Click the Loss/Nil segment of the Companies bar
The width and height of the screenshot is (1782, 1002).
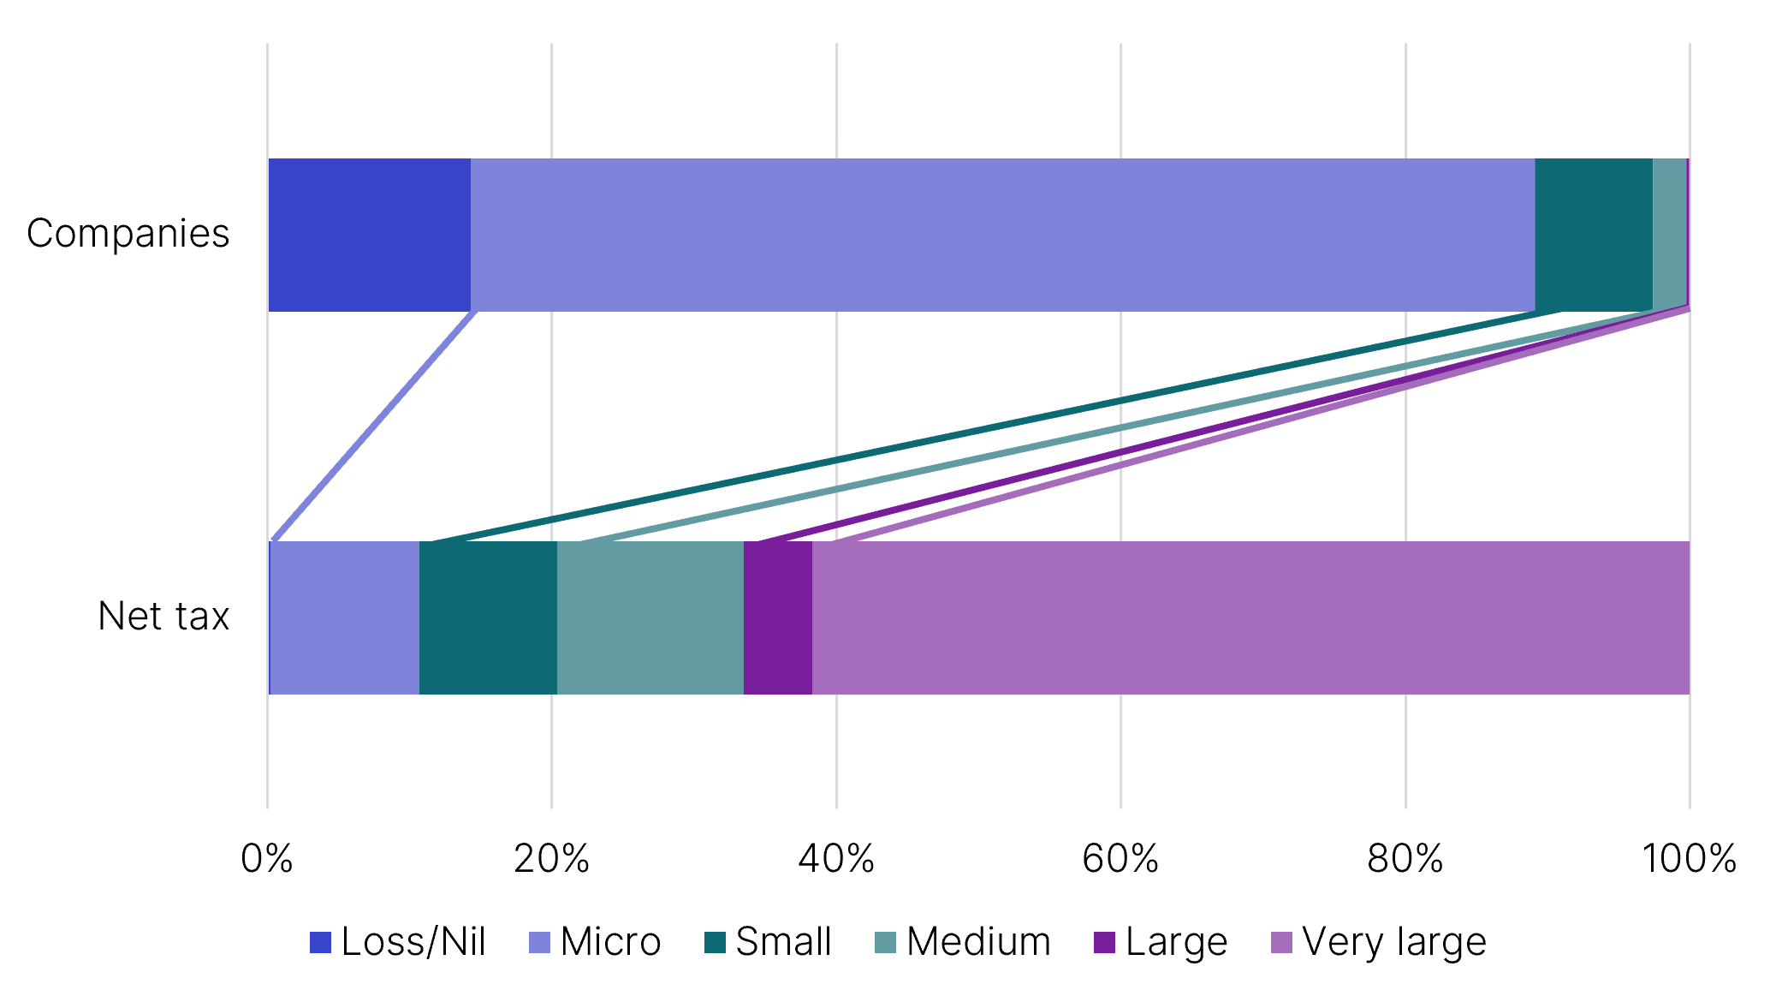pyautogui.click(x=370, y=235)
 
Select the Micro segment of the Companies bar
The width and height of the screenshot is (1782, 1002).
pyautogui.click(x=1003, y=235)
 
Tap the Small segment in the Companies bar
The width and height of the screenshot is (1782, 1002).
pyautogui.click(x=1594, y=235)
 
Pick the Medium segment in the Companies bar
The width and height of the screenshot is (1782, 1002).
pyautogui.click(x=1669, y=235)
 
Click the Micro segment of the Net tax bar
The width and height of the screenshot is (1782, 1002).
pyautogui.click(x=345, y=617)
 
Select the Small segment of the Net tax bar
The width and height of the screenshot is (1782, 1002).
pyautogui.click(x=488, y=617)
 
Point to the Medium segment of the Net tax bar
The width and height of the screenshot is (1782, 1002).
pyautogui.click(x=650, y=617)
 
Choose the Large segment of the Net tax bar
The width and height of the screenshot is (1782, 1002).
pyautogui.click(x=778, y=617)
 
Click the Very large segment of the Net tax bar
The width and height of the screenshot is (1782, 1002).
pyautogui.click(x=1250, y=617)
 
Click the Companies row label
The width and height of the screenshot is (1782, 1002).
pyautogui.click(x=128, y=234)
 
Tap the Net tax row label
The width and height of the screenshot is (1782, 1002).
pyautogui.click(x=163, y=617)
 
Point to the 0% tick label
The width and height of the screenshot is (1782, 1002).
pyautogui.click(x=267, y=858)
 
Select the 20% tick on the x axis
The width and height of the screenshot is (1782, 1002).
pyautogui.click(x=551, y=858)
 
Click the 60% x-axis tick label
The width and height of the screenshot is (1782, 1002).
pyautogui.click(x=1120, y=858)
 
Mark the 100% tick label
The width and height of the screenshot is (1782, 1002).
pyautogui.click(x=1689, y=858)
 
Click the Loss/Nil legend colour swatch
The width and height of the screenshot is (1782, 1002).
pyautogui.click(x=320, y=942)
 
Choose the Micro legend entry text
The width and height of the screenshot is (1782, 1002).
pyautogui.click(x=611, y=942)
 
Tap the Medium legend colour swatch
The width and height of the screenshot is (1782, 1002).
pyautogui.click(x=886, y=942)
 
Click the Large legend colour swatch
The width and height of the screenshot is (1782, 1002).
pyautogui.click(x=1105, y=942)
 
